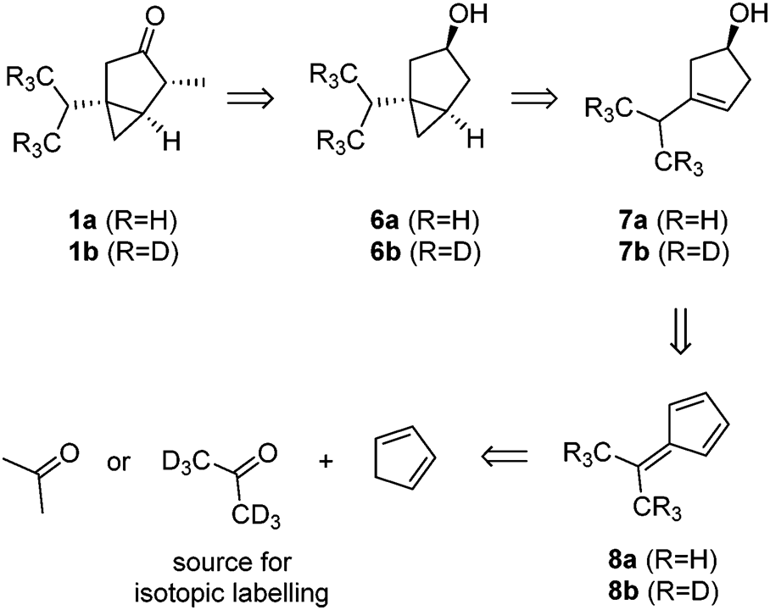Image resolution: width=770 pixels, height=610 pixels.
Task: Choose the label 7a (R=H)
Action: (665, 224)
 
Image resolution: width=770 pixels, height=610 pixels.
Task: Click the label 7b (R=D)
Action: (665, 254)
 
